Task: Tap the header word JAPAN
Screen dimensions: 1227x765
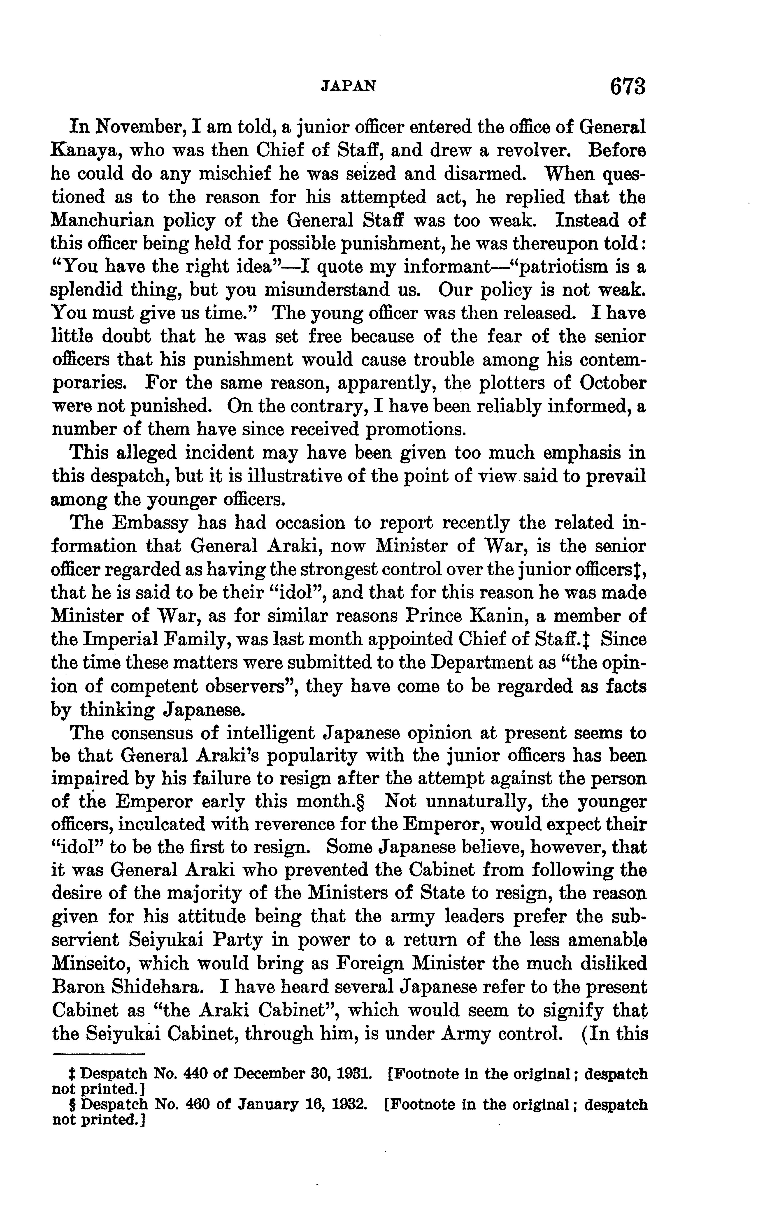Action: (349, 86)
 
